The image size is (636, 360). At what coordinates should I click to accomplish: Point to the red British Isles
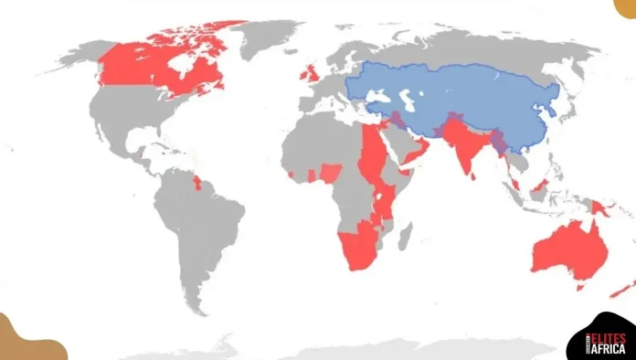coord(313,72)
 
